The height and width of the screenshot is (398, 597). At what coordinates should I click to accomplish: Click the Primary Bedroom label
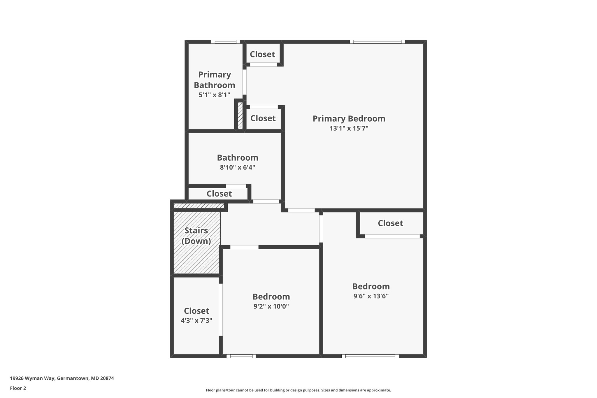[349, 119]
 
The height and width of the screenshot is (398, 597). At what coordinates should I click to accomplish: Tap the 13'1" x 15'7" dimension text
[349, 128]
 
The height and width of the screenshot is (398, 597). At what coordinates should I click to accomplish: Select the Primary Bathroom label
[215, 80]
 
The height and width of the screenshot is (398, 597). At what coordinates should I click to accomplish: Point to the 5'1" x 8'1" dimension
[215, 95]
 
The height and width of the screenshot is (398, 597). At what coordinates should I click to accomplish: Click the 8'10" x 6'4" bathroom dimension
[238, 167]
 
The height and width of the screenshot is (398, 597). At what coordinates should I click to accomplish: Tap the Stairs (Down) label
[196, 236]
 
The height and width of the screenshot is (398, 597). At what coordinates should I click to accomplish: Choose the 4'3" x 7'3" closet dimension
[196, 320]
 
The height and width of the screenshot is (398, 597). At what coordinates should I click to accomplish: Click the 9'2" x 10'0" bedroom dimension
[271, 306]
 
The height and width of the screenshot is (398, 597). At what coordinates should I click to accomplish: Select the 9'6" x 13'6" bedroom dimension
[371, 296]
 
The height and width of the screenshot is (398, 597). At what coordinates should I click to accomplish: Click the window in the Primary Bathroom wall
[226, 42]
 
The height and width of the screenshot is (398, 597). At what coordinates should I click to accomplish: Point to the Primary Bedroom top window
[377, 42]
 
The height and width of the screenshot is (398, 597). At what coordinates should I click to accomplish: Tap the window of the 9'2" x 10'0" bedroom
[241, 356]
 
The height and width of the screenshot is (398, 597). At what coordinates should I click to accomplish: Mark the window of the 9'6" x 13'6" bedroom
[370, 356]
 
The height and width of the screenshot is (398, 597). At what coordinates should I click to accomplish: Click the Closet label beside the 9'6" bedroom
[390, 223]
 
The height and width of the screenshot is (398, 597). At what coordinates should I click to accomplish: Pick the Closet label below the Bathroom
[219, 194]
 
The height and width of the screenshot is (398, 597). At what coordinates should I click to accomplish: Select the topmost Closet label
[262, 54]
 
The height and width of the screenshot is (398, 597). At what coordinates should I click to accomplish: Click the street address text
[62, 378]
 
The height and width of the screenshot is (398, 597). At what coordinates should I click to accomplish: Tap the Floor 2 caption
[18, 388]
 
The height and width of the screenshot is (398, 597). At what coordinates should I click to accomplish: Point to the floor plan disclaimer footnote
[298, 390]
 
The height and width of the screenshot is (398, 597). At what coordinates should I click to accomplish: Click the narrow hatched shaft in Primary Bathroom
[240, 115]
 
